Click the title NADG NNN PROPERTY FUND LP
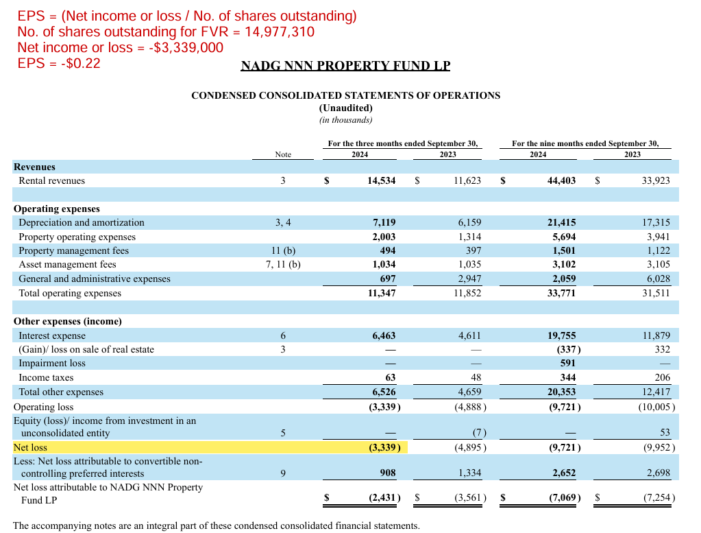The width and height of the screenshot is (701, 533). point(345,66)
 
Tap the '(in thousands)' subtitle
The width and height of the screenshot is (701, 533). point(345,120)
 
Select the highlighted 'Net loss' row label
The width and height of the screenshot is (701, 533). point(30,447)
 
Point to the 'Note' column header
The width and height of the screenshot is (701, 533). point(283,154)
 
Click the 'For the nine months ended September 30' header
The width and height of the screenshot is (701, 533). point(585,143)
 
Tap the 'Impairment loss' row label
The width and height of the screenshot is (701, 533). point(52,363)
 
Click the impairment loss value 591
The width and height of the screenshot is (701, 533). point(567,363)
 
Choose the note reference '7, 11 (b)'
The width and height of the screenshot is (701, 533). point(283,264)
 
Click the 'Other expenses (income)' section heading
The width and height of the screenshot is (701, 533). point(68,321)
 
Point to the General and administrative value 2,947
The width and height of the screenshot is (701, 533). point(469,279)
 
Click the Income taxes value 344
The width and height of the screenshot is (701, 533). point(567,377)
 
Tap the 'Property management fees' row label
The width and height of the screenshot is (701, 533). point(73,250)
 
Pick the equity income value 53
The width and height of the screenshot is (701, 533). point(664,433)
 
